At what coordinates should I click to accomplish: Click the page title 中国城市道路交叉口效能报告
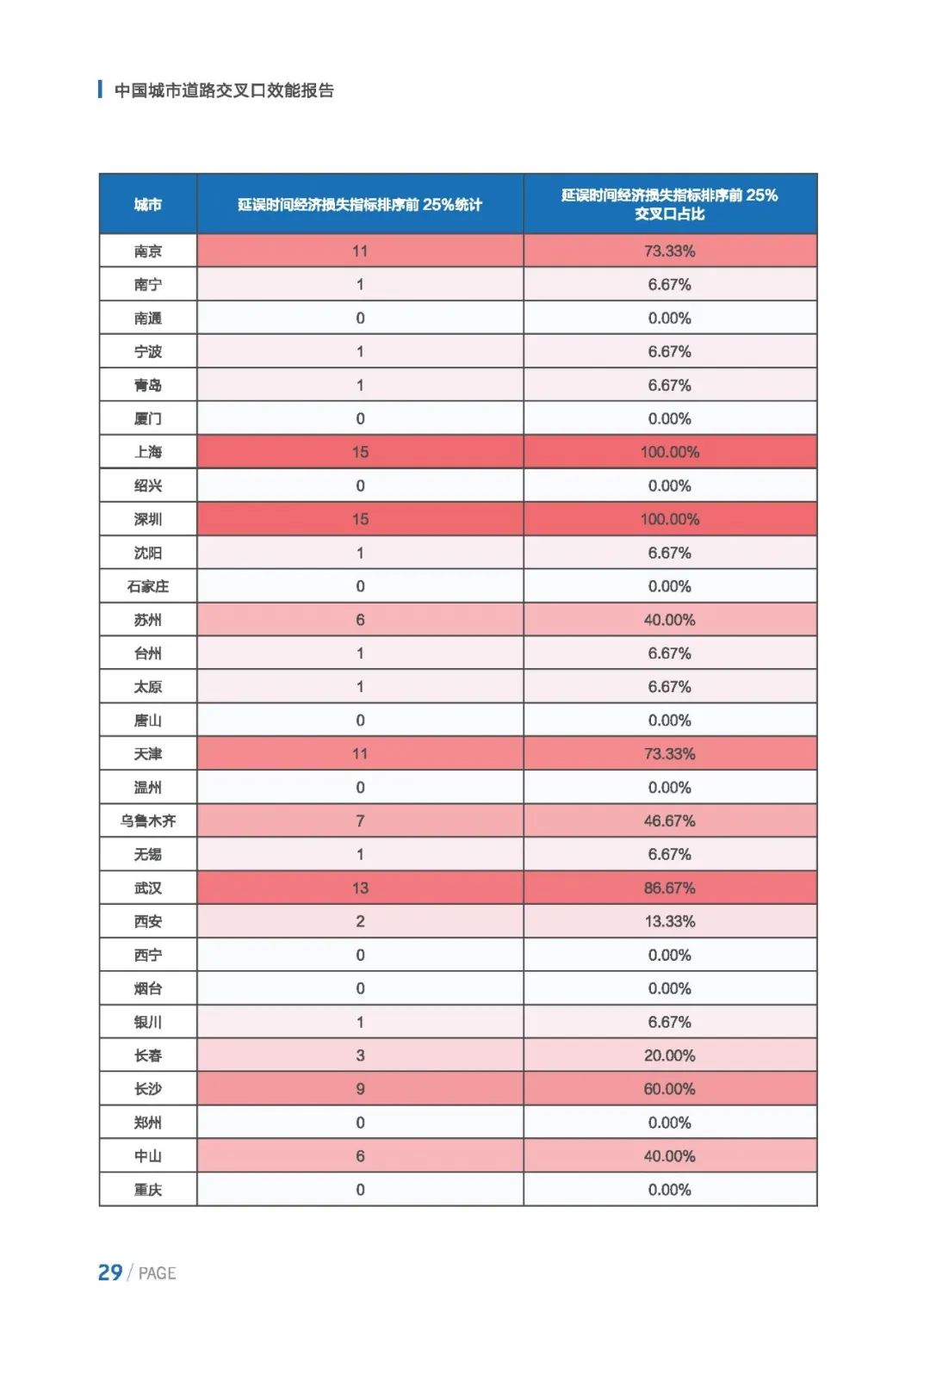coord(224,90)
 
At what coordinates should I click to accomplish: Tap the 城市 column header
coord(148,205)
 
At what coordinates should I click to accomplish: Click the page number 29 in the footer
coord(110,1272)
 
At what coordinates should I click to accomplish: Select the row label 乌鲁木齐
coord(148,821)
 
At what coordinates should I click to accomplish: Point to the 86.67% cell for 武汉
coord(669,888)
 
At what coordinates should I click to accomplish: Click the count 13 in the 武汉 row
coord(360,888)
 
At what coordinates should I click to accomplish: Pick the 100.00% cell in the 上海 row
coord(669,452)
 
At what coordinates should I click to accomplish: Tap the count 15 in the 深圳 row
coord(360,519)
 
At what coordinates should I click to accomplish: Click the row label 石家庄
coord(148,586)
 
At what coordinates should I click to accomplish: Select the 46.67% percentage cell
coord(669,821)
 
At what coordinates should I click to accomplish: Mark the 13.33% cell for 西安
coord(669,921)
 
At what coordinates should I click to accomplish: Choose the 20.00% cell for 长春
coord(669,1055)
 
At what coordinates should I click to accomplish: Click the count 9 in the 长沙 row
coord(360,1089)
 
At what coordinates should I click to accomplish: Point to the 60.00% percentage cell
coord(669,1089)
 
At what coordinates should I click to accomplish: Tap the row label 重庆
coord(148,1190)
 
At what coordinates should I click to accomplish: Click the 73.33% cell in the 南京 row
coord(669,251)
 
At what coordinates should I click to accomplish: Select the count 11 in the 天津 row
coord(360,754)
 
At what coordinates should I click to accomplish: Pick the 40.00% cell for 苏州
coord(669,620)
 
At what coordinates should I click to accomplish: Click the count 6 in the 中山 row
coord(360,1156)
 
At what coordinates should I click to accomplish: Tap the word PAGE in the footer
coord(157,1273)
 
